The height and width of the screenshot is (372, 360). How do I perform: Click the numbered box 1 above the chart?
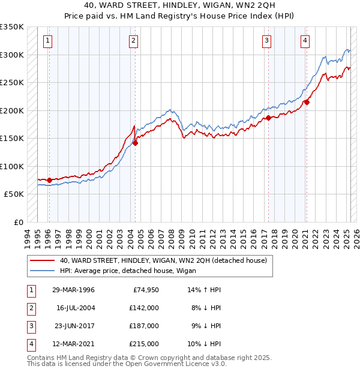47,41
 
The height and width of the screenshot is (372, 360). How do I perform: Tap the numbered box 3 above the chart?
266,41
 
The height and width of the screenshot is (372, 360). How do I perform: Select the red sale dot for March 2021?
307,102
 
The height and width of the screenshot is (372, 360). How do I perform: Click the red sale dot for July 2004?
136,143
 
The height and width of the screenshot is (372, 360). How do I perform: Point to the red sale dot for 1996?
49,180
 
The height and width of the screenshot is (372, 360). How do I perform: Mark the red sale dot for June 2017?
268,118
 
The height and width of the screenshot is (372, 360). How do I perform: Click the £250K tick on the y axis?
12,83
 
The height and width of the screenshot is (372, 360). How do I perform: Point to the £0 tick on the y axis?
18,223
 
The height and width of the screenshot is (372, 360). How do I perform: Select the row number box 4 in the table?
30,344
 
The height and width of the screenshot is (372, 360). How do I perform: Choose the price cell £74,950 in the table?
143,290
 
